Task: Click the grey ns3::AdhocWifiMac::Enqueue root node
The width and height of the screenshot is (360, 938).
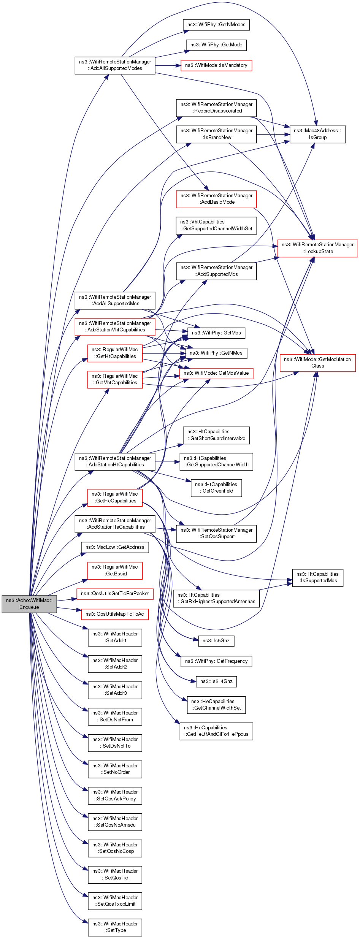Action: [x=29, y=604]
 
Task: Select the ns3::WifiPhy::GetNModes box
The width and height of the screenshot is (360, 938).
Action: [x=216, y=25]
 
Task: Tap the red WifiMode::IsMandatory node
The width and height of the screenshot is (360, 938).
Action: [x=216, y=65]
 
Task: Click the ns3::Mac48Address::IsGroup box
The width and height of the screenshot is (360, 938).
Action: [x=317, y=134]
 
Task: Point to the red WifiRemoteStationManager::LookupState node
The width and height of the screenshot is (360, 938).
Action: [x=317, y=248]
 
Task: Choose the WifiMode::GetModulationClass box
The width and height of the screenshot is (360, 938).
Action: [x=317, y=363]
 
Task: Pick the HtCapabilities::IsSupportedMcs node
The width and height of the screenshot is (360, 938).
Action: [x=317, y=577]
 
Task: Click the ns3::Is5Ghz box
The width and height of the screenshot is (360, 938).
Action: [x=216, y=641]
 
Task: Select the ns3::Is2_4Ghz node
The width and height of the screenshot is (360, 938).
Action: [x=216, y=681]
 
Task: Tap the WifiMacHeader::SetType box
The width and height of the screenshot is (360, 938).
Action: [x=115, y=927]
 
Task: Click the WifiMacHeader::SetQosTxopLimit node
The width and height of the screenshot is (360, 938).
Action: [x=115, y=901]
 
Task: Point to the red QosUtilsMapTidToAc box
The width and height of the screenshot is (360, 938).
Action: [x=115, y=614]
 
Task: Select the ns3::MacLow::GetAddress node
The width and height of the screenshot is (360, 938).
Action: [x=115, y=547]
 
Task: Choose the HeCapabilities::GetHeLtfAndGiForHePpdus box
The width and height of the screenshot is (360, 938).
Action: [x=216, y=731]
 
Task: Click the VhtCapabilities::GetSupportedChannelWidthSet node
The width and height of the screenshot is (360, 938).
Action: [x=216, y=225]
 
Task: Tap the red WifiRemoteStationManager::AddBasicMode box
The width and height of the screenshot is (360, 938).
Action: [x=216, y=199]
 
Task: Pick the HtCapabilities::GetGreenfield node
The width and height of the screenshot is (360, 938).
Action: [x=216, y=488]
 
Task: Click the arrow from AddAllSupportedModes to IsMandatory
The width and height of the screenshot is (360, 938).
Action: [x=167, y=66]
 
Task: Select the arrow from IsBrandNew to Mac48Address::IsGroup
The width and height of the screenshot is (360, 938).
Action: [x=273, y=135]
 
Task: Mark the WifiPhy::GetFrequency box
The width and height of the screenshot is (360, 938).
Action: [x=216, y=661]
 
